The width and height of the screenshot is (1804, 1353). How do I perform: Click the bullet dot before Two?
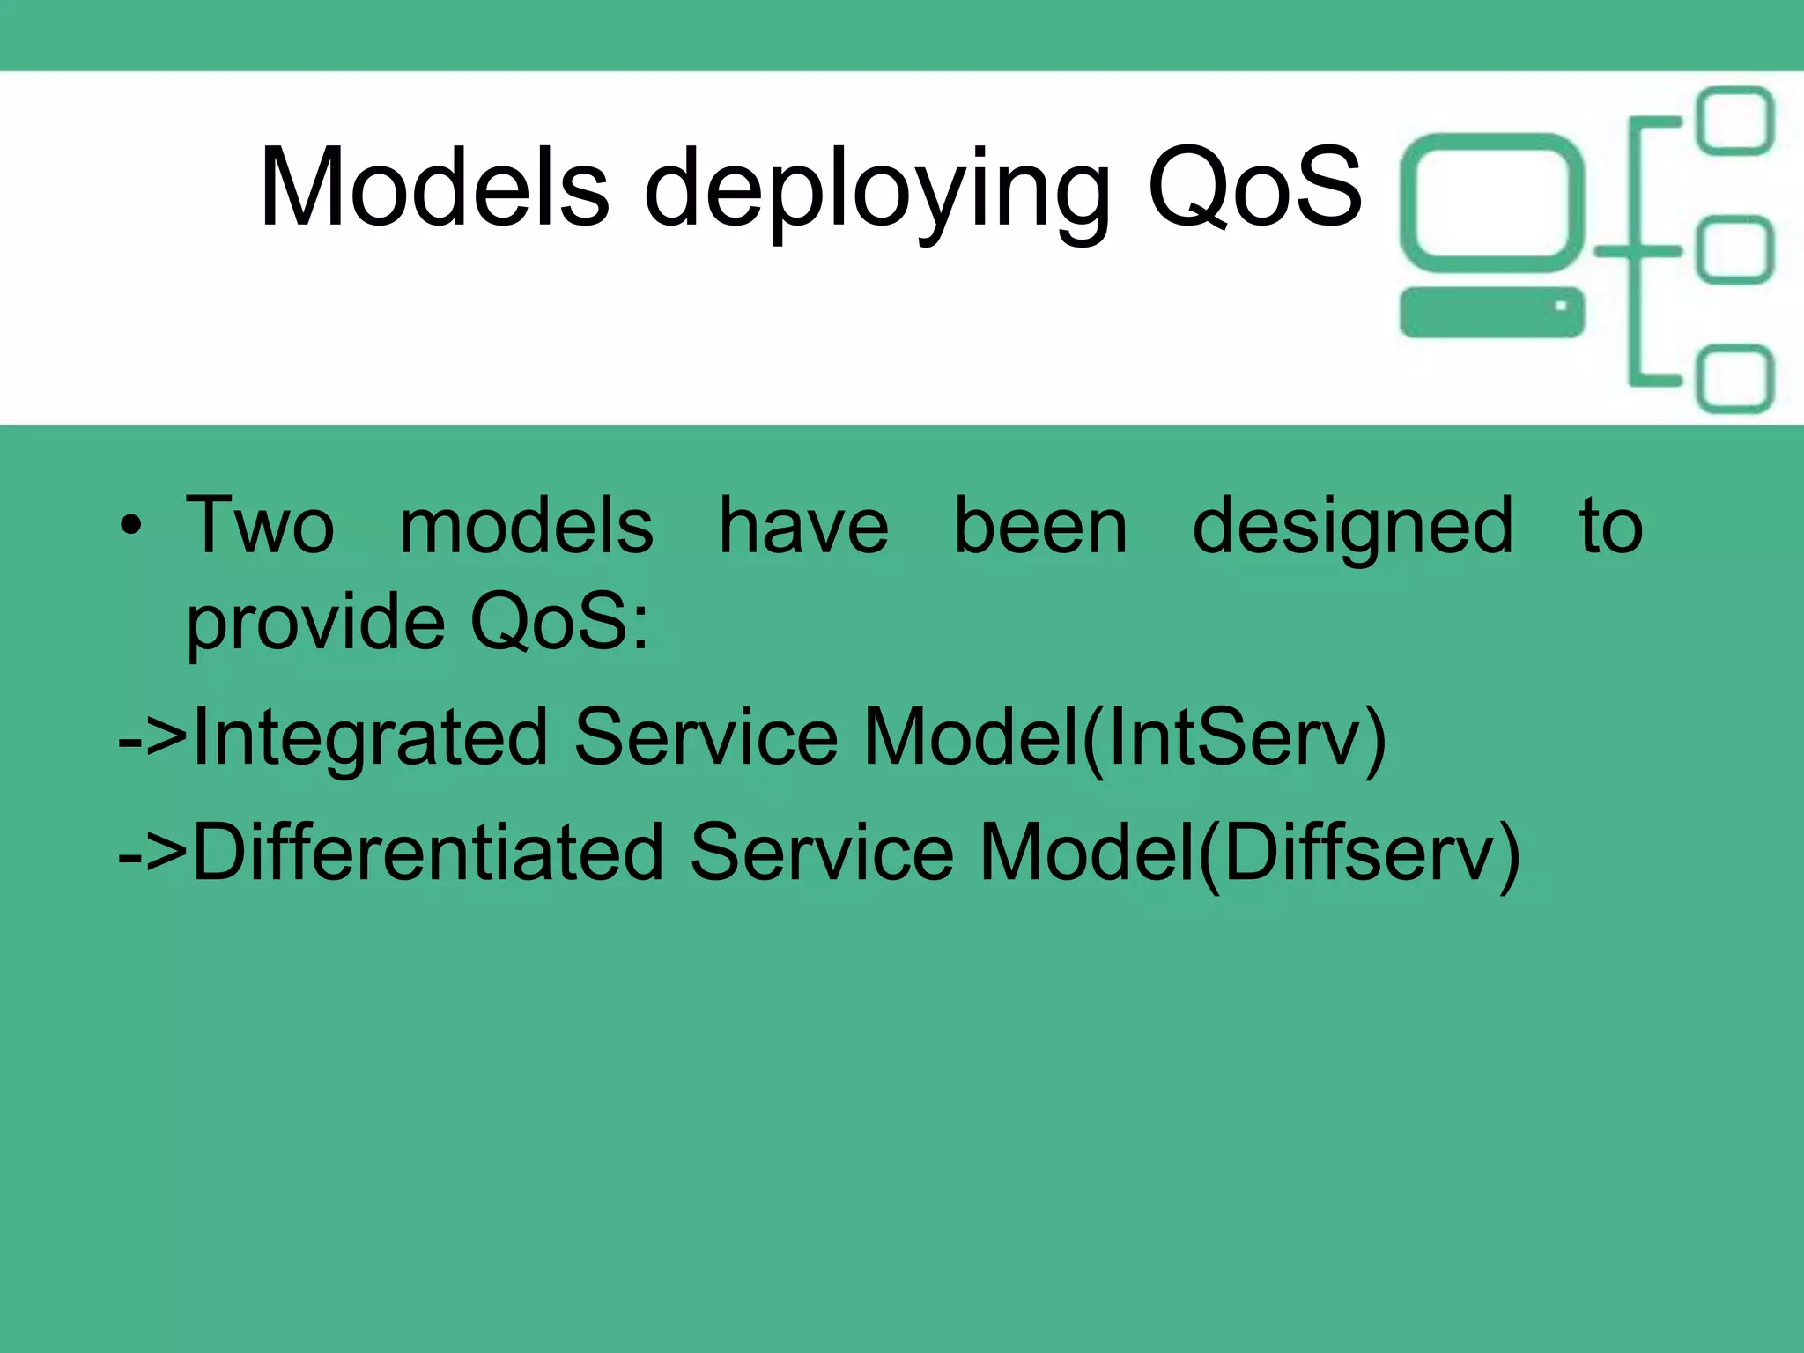pos(131,526)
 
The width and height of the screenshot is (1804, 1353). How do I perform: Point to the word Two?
pos(261,526)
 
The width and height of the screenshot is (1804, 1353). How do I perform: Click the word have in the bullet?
pos(803,526)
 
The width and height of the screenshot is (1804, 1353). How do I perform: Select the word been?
pos(1040,526)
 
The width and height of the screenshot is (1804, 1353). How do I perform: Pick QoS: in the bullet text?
pos(560,622)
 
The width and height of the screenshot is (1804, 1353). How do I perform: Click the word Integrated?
pos(370,738)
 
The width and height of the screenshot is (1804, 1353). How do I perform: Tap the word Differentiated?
pos(428,853)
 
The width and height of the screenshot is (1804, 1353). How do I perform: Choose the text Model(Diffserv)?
pos(1250,853)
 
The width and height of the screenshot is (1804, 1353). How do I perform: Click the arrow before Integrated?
pos(152,738)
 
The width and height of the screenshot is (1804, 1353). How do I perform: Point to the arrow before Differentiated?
pos(152,853)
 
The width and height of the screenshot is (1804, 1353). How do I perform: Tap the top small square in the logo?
pos(1735,122)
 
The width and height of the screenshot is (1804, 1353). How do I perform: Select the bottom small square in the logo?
pos(1735,379)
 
